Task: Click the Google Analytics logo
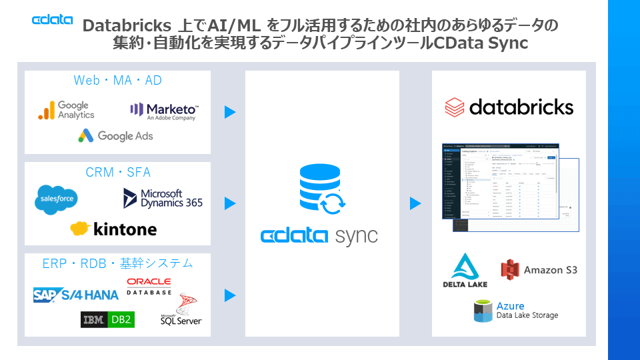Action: (x=67, y=110)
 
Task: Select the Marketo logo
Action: (x=164, y=111)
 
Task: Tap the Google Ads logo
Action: (x=115, y=136)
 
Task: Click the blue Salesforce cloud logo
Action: (x=57, y=199)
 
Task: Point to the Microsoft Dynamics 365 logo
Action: (x=163, y=198)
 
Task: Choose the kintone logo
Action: (x=113, y=229)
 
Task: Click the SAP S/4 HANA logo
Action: (x=76, y=295)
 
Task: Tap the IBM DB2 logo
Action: (x=107, y=320)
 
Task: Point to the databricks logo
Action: (x=509, y=107)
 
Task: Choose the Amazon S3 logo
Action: (x=539, y=269)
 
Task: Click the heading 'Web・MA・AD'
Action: (x=117, y=81)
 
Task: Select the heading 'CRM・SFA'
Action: (x=118, y=173)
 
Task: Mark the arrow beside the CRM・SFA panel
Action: (x=230, y=203)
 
